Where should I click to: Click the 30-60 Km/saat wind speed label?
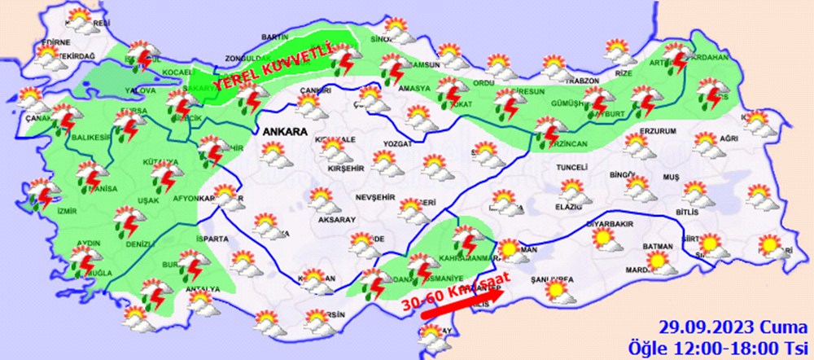click(x=456, y=292)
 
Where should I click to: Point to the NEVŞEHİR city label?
click(x=374, y=198)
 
